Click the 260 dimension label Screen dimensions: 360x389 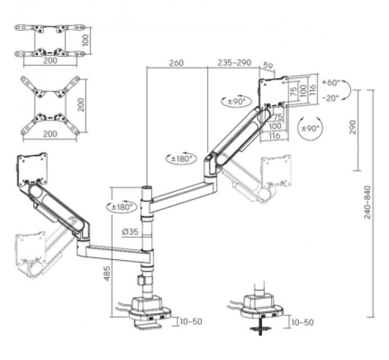click(x=176, y=63)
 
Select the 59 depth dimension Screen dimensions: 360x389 click(x=268, y=66)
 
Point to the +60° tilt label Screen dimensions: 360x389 click(x=331, y=82)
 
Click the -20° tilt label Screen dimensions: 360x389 click(x=330, y=97)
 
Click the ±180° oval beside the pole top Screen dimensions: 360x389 click(x=121, y=207)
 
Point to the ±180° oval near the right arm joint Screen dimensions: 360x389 click(x=180, y=159)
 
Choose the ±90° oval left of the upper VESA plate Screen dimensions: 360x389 click(x=234, y=101)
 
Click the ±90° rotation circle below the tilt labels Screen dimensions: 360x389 click(x=309, y=129)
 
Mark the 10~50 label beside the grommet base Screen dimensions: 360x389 click(x=302, y=323)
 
